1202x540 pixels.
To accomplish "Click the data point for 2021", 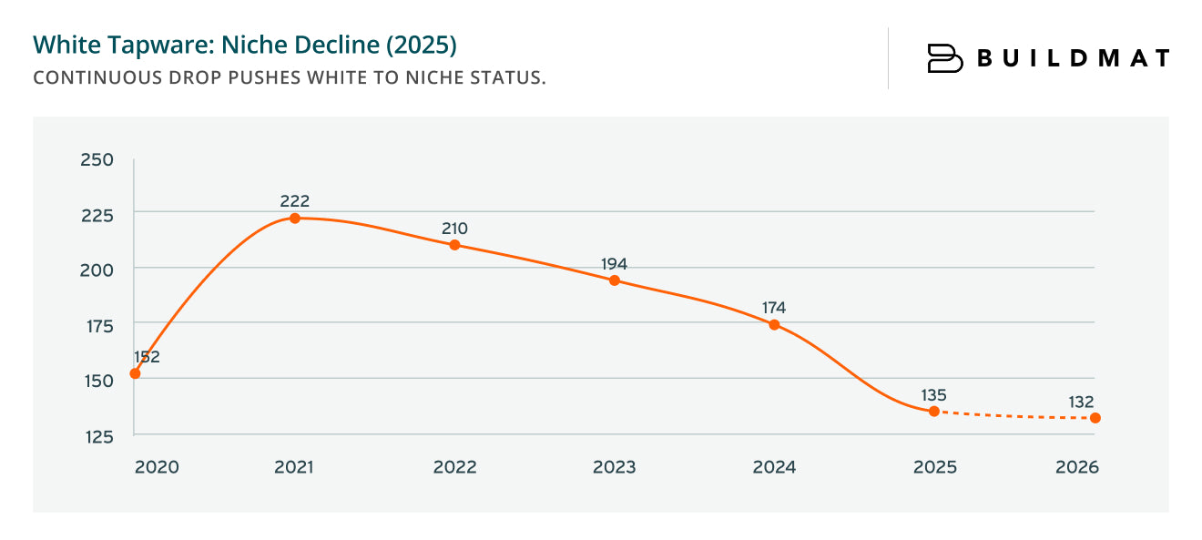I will pos(295,219).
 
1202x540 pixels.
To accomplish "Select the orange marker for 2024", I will pos(774,325).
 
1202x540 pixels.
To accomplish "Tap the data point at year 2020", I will pos(135,373).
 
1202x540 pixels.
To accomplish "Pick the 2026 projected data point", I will pos(1095,418).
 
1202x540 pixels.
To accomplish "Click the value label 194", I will pos(614,264).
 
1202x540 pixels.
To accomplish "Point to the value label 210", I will pos(453,229).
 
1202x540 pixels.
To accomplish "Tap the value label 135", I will pos(933,395).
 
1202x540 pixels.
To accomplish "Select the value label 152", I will pos(146,356).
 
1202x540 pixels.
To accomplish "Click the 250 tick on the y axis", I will pos(97,160).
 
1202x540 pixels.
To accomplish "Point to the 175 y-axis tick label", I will pos(97,325).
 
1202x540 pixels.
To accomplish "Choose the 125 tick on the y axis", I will pos(97,436).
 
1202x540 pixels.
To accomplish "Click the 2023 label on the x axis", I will pos(614,467).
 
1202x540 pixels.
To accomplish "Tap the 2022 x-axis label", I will pos(454,467).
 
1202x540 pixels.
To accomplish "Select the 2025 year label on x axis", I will pos(934,467).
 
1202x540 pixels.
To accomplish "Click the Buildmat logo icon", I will pos(944,58).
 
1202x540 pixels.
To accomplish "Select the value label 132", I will pos(1081,402).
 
